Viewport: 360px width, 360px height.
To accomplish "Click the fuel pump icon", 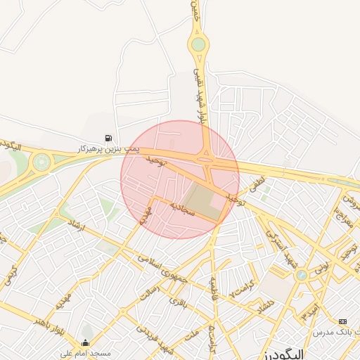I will coord(108,138).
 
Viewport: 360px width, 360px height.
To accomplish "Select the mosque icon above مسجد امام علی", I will coord(86,343).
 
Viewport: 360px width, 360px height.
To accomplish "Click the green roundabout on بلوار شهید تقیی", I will coord(199,45).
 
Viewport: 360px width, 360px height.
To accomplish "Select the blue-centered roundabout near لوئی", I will coord(302,275).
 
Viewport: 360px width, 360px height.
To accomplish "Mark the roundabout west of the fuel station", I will coord(41,162).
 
